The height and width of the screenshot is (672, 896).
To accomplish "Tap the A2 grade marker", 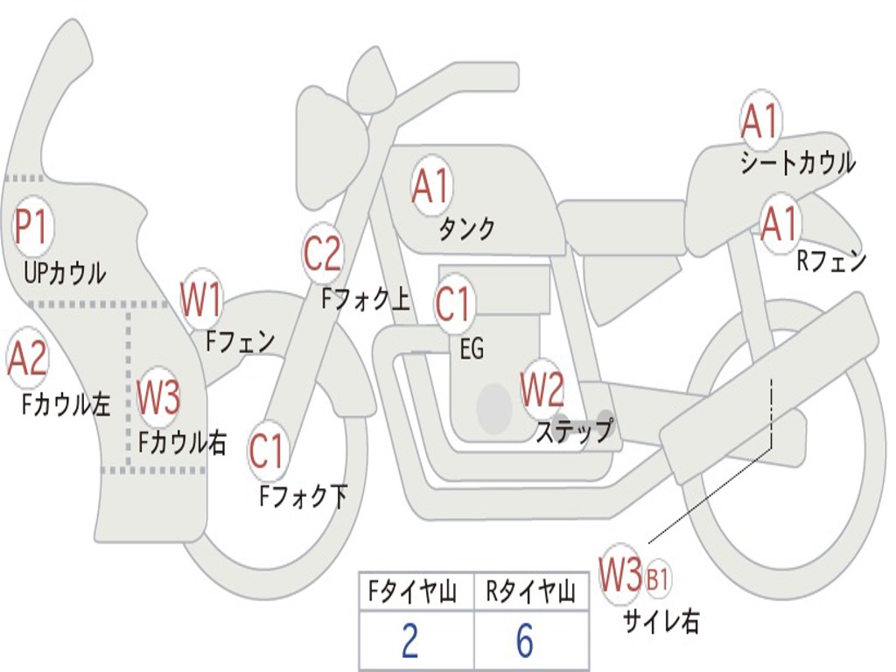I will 27,359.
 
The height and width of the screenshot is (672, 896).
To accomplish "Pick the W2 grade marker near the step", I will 542,390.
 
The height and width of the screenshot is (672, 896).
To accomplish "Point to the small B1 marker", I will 658,578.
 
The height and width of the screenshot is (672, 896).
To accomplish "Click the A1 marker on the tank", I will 430,186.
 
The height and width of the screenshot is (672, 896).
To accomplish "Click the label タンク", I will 466,229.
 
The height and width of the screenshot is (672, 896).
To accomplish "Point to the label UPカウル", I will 64,273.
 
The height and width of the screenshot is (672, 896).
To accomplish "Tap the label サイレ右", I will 661,621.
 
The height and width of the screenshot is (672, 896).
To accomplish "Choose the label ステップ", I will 574,430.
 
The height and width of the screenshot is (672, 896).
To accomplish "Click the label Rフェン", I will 830,261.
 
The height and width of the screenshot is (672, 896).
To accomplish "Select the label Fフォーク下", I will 303,496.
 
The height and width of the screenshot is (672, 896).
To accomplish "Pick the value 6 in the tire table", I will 524,641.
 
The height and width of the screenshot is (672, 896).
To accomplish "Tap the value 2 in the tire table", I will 409,641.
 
